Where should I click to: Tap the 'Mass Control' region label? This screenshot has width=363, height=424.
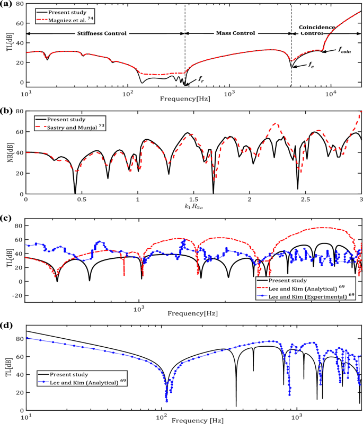[237, 33]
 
